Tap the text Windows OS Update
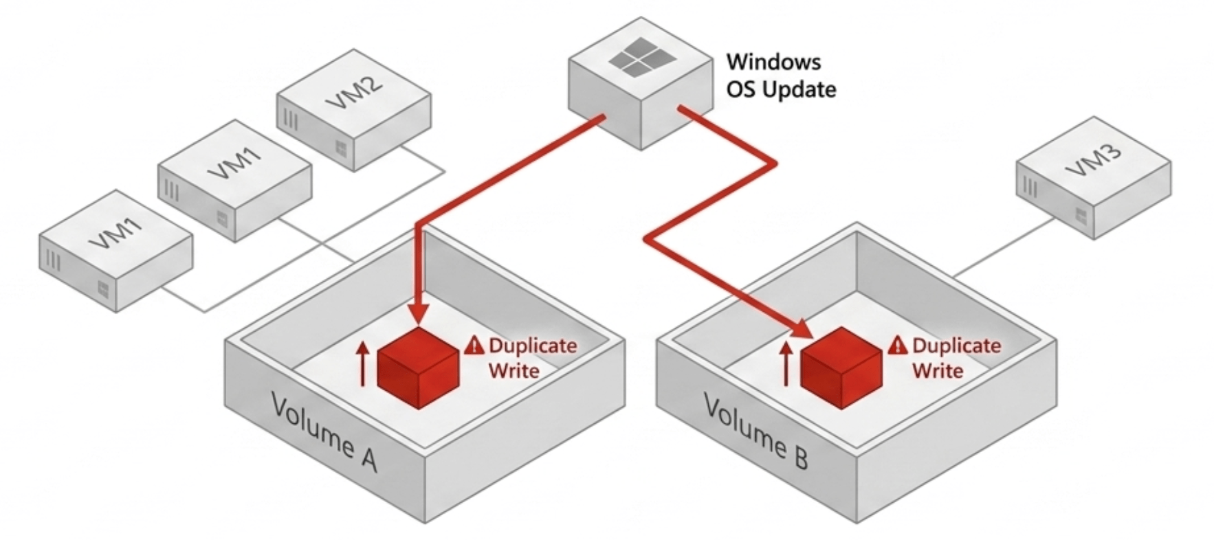coord(780,76)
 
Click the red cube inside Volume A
coord(418,368)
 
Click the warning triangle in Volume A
coord(474,345)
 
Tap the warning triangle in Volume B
coord(898,345)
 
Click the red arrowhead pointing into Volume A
coord(418,313)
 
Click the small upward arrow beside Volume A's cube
coord(363,364)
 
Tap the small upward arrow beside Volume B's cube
coord(786,364)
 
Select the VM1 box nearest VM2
coord(234,179)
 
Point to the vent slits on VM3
coord(1030,186)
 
